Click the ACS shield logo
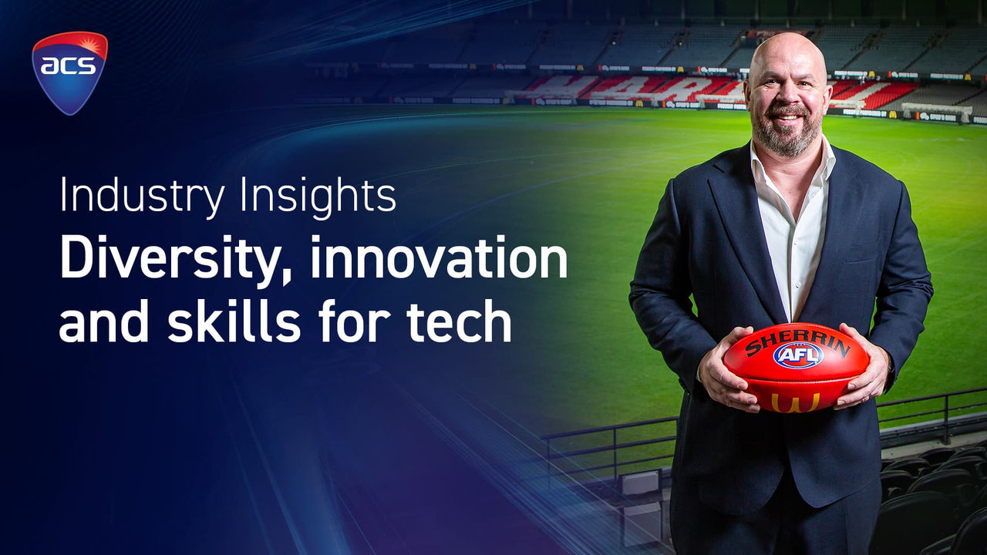[69, 72]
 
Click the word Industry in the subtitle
[143, 196]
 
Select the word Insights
[318, 196]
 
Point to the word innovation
[439, 257]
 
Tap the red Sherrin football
[797, 368]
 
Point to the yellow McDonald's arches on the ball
[796, 402]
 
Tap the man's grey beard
[787, 132]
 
